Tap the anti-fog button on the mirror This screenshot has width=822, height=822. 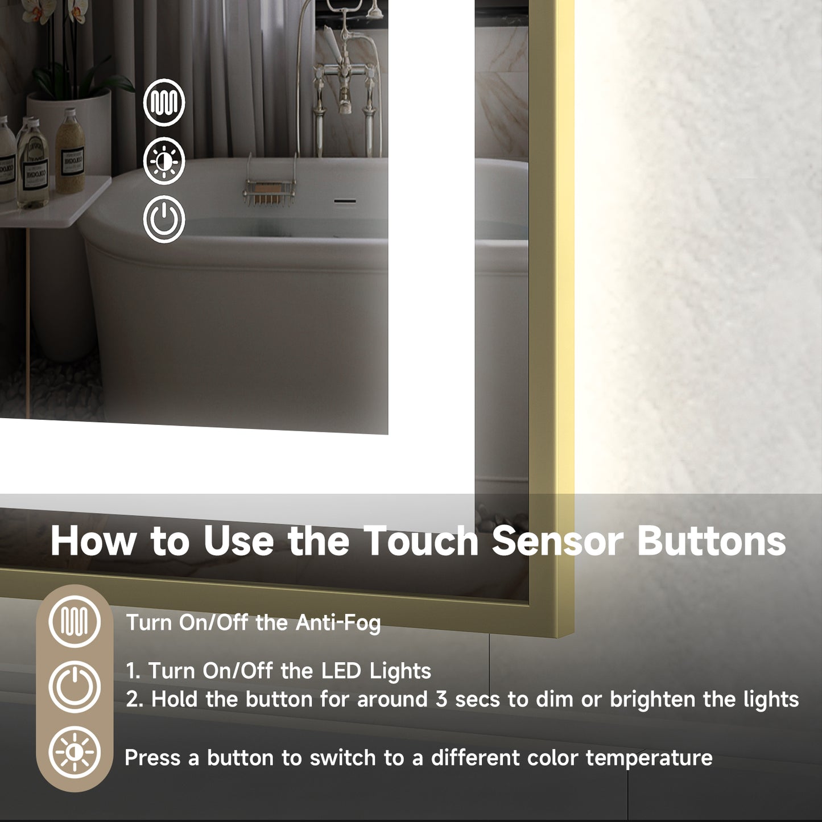point(164,103)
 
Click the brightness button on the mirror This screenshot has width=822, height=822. point(164,161)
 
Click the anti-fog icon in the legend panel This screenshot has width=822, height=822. point(75,621)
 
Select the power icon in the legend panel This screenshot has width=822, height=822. point(75,687)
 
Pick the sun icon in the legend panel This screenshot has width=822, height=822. point(75,753)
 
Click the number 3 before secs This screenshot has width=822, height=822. point(441,699)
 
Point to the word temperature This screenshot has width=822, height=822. point(648,758)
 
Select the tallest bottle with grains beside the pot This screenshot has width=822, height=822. point(71,151)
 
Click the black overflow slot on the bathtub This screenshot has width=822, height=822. point(345,201)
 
